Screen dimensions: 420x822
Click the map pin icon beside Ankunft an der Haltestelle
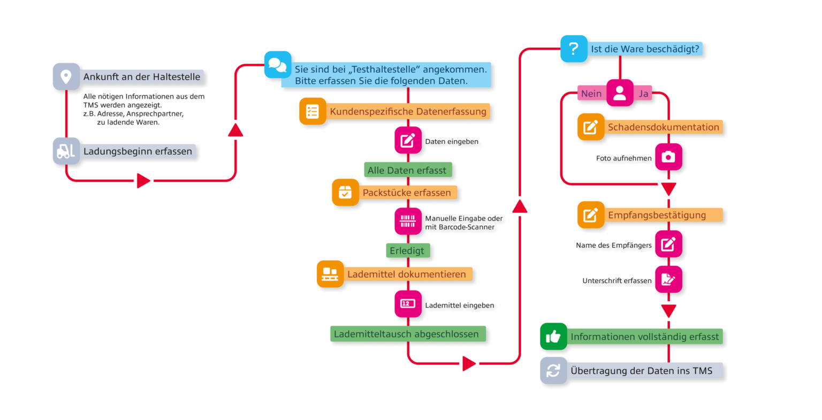click(66, 77)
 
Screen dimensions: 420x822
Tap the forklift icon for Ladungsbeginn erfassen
click(66, 151)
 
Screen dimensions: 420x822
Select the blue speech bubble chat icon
click(278, 65)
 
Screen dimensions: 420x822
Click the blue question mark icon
click(574, 49)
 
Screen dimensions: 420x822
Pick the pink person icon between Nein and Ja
click(620, 93)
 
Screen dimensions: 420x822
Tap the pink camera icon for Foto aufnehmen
click(668, 157)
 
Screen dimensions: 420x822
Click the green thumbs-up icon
click(553, 337)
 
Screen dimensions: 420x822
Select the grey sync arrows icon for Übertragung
click(553, 370)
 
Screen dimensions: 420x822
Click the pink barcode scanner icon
click(408, 221)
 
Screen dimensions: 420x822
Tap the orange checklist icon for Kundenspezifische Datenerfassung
click(313, 111)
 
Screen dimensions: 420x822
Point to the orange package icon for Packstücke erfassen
click(345, 193)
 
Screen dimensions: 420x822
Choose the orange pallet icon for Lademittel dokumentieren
click(330, 274)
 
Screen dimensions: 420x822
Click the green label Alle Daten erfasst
click(407, 170)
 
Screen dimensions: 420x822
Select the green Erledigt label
click(407, 250)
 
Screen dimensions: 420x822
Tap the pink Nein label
click(591, 94)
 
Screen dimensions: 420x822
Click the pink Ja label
click(643, 94)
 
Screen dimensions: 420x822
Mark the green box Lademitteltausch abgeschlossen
click(407, 334)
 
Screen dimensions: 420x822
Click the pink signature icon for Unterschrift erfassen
click(668, 279)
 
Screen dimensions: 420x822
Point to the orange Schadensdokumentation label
click(664, 127)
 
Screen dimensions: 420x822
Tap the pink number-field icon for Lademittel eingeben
click(408, 304)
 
